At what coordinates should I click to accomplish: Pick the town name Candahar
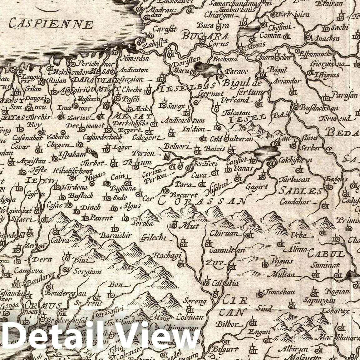(x=298, y=202)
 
